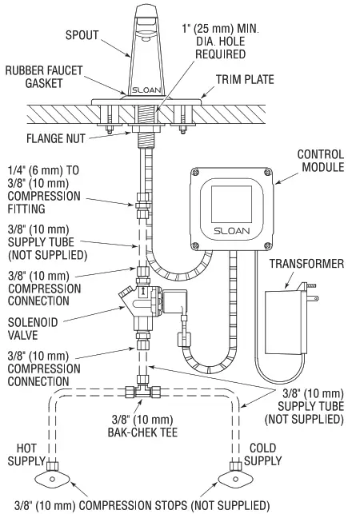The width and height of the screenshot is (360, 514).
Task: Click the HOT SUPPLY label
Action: point(27,455)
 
